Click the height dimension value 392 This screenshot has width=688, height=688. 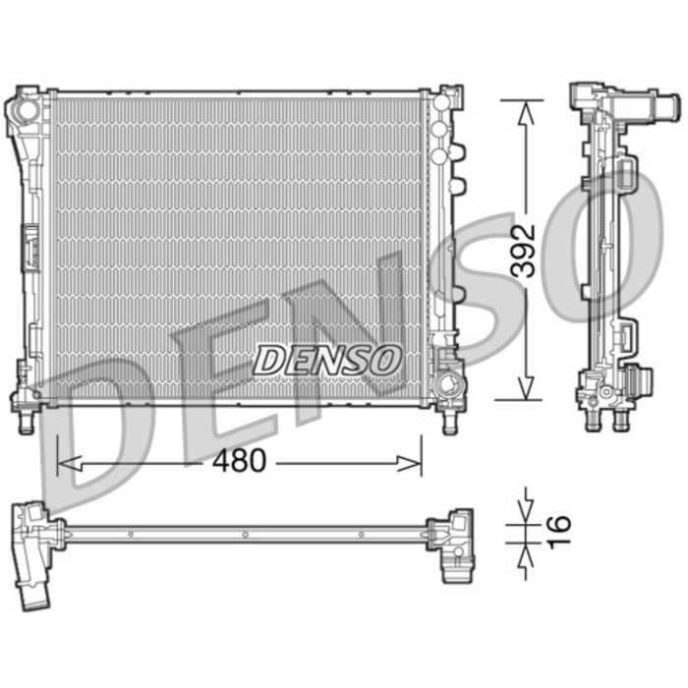coord(527,251)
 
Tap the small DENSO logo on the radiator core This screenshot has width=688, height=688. coord(328,360)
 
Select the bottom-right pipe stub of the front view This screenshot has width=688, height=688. coord(450,422)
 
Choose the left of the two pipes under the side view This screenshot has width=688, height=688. coord(592,421)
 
